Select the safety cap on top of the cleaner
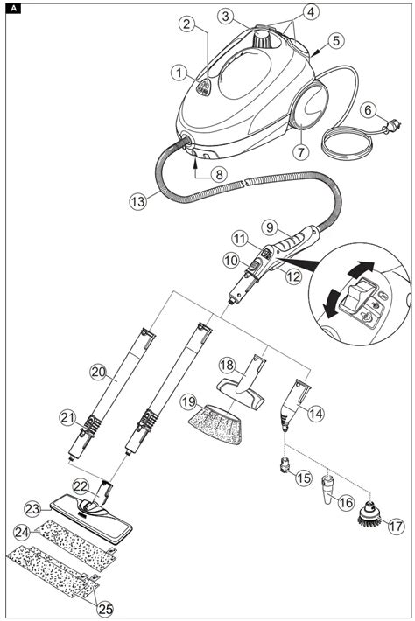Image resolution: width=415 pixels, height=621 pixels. pos(262,38)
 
